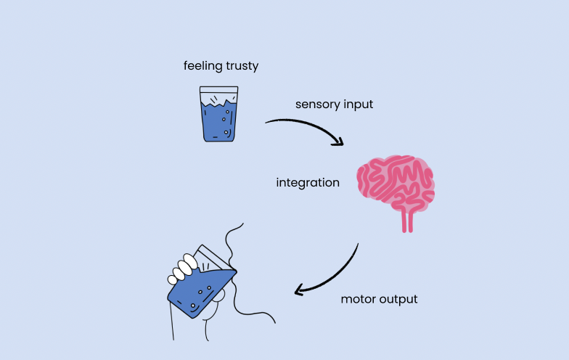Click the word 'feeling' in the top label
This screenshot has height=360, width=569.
202,66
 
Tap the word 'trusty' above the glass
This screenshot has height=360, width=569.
241,66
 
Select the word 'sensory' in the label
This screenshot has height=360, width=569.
317,105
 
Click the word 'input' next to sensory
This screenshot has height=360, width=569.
358,105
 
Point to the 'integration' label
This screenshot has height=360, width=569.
308,183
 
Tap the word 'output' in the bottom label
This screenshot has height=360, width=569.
400,299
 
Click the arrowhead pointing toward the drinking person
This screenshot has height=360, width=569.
299,290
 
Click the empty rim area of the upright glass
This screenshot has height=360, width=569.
218,95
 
